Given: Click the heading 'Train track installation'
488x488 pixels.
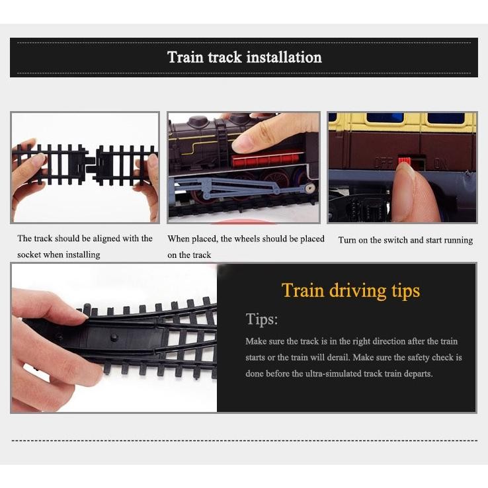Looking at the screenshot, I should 244,57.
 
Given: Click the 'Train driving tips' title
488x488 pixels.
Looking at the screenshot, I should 350,290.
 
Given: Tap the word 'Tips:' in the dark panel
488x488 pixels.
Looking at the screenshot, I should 262,319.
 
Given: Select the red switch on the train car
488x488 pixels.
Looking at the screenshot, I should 403,161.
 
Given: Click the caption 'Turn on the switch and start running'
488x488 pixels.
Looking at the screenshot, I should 405,240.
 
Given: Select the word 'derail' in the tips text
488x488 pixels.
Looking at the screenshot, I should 339,357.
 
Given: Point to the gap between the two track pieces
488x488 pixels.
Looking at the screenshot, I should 91,162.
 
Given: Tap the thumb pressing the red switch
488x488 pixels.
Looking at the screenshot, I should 413,192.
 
